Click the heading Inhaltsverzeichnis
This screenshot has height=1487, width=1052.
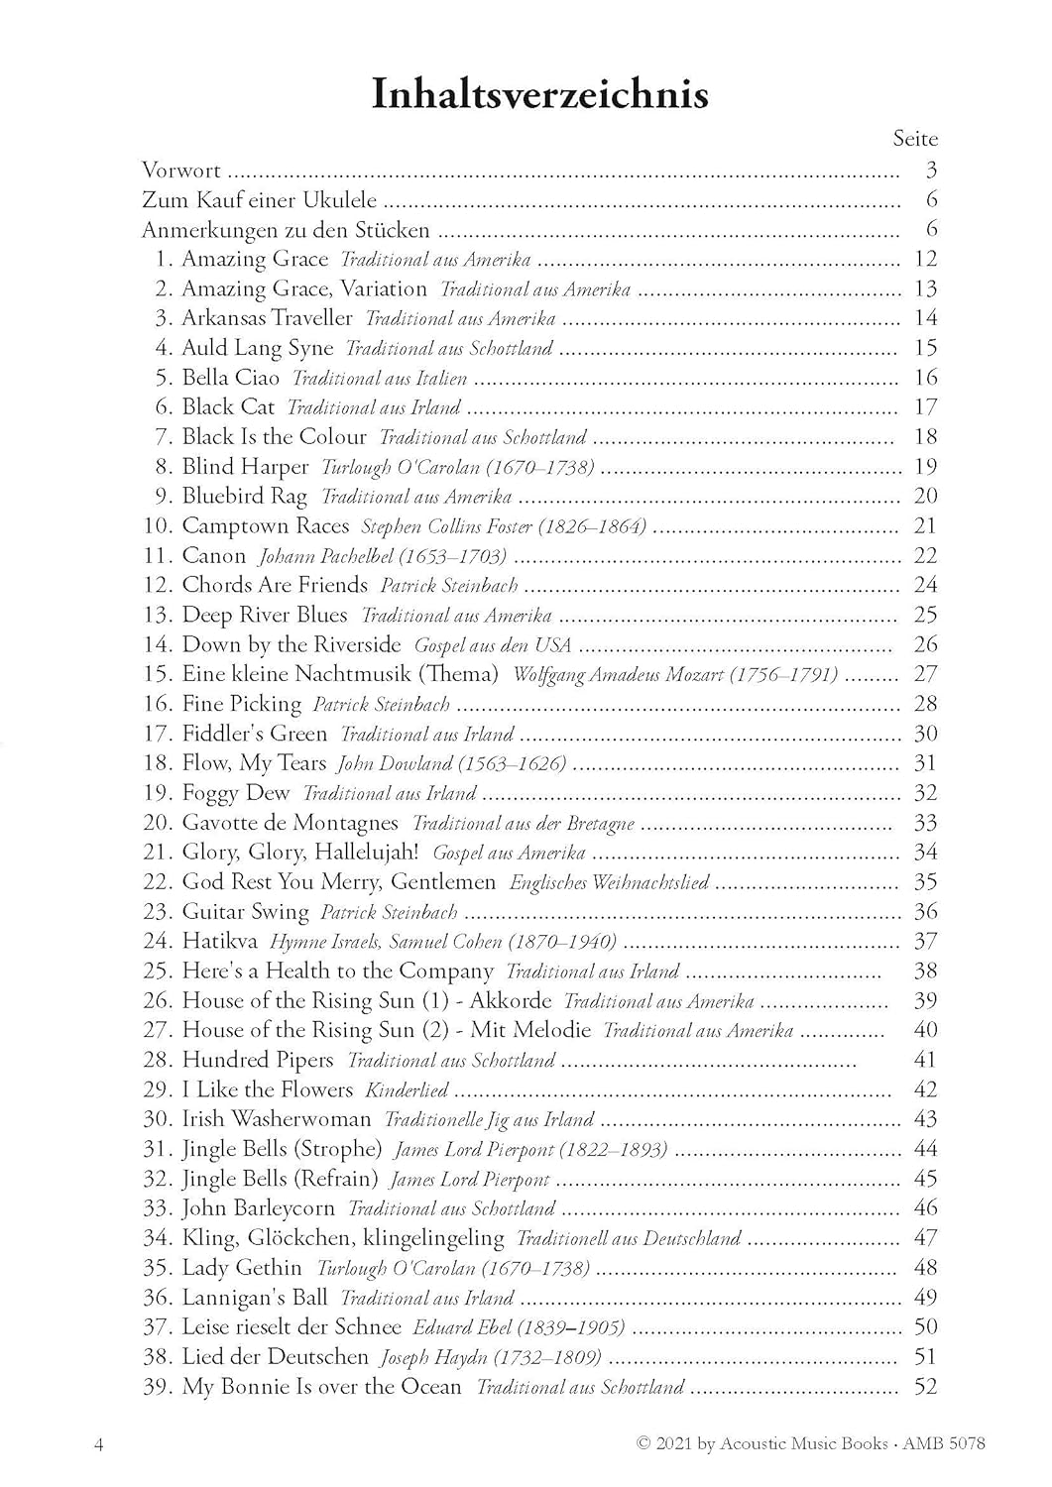[539, 94]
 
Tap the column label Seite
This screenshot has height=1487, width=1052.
[914, 139]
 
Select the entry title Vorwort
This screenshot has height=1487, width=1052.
[181, 170]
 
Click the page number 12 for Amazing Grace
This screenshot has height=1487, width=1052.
[925, 259]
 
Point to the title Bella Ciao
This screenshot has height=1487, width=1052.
[231, 378]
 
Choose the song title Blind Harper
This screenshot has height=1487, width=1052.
[245, 467]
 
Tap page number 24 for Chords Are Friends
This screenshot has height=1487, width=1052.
[925, 585]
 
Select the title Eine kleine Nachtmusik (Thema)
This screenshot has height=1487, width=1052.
[340, 674]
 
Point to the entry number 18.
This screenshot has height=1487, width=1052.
[158, 763]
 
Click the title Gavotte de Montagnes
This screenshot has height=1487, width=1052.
[290, 823]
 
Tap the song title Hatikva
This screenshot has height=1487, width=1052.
[219, 941]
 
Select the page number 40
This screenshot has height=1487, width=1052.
[925, 1030]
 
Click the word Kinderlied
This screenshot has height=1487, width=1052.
[407, 1089]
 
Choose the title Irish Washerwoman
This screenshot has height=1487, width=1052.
[276, 1119]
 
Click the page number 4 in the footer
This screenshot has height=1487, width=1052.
[98, 1443]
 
